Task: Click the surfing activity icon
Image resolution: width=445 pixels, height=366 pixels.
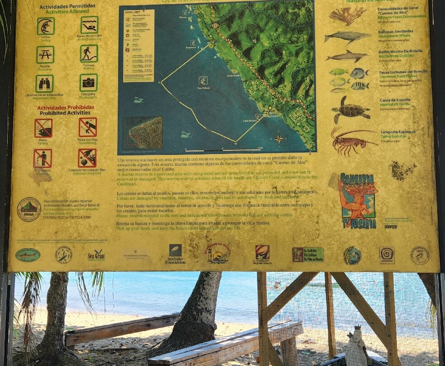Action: pyautogui.click(x=45, y=26)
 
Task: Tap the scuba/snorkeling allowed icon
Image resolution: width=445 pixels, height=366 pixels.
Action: pyautogui.click(x=89, y=25)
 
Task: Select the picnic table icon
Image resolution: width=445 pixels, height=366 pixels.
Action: pyautogui.click(x=45, y=54)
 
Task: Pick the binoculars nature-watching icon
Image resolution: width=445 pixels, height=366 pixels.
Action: pyautogui.click(x=44, y=83)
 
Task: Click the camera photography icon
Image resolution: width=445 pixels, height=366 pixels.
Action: pyautogui.click(x=89, y=82)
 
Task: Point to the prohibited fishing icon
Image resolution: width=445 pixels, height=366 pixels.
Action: pyautogui.click(x=43, y=128)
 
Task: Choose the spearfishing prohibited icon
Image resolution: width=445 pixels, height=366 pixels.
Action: pyautogui.click(x=87, y=127)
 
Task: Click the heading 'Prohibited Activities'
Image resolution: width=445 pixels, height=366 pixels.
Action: pyautogui.click(x=66, y=113)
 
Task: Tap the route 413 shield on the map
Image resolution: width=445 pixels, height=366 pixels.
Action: pyautogui.click(x=215, y=25)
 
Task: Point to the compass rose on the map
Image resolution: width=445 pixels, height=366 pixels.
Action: pyautogui.click(x=278, y=139)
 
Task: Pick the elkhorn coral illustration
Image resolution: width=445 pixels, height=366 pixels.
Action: pyautogui.click(x=348, y=15)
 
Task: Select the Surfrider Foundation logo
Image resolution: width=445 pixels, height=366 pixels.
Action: pyautogui.click(x=175, y=254)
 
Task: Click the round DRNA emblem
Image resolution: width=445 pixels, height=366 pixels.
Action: pyautogui.click(x=29, y=209)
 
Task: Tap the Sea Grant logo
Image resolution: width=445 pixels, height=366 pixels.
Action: pyautogui.click(x=96, y=255)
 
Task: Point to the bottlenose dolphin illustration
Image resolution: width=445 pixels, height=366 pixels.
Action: pyautogui.click(x=347, y=56)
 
